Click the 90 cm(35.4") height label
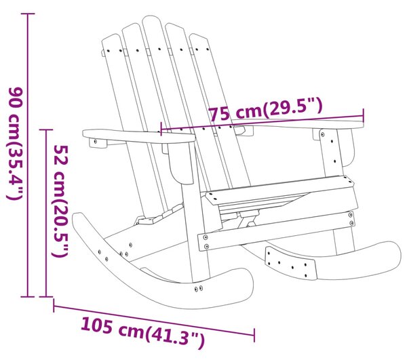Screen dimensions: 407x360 [x=16, y=144]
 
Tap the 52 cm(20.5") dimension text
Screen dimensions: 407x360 [x=60, y=201]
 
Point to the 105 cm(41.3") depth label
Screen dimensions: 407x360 [x=142, y=332]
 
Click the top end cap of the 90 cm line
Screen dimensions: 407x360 [x=28, y=14]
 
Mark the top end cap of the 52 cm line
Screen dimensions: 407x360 [x=46, y=129]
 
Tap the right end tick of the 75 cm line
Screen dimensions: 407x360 [x=364, y=116]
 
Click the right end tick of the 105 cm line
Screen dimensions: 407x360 [x=254, y=335]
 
